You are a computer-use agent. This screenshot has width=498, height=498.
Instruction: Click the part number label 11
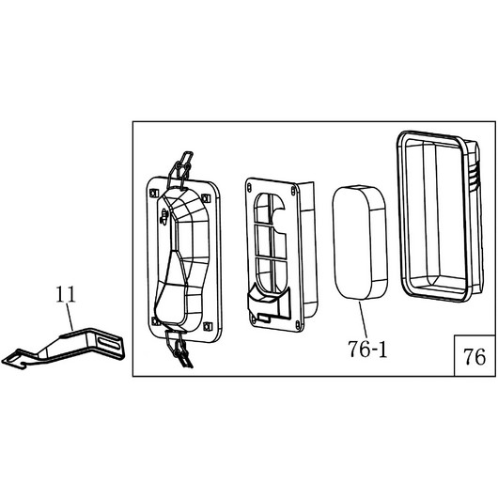66,294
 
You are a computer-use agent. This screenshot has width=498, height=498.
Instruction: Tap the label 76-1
367,349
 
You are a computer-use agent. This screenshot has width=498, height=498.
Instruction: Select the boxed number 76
475,356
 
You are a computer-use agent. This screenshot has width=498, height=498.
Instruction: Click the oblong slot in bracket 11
110,343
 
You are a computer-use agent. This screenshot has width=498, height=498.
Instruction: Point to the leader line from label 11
70,317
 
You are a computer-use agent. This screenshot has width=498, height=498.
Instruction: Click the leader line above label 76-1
363,319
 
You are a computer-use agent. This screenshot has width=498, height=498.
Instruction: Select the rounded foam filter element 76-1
359,242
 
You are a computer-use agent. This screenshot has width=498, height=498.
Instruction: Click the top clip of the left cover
181,170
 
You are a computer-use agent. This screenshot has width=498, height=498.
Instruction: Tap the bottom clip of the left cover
179,347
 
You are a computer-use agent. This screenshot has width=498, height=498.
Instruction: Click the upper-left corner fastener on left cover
154,194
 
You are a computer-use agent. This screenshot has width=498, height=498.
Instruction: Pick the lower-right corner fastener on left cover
207,326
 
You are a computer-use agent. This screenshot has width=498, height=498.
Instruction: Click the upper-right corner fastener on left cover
206,198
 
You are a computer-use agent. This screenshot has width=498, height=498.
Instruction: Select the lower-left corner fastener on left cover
155,321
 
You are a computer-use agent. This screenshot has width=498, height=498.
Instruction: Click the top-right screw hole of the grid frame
293,191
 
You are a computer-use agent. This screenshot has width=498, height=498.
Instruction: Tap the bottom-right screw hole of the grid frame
297,324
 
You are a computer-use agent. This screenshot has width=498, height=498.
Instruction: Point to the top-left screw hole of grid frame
249,186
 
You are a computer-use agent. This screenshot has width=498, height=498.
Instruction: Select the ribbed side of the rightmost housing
475,178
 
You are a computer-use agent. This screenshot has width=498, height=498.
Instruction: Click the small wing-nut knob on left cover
163,217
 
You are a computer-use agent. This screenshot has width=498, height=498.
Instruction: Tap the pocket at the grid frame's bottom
269,301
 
